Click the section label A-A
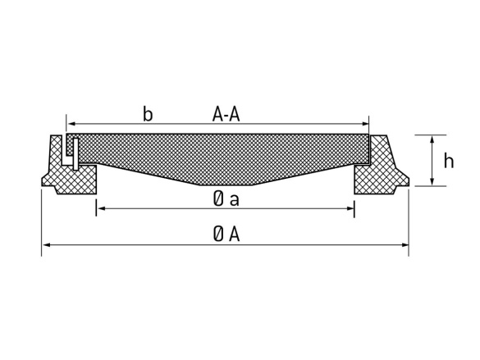tap(226, 115)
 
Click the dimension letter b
tap(148, 114)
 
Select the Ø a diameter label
tap(226, 199)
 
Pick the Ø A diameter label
tap(226, 235)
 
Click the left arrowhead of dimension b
tap(71, 124)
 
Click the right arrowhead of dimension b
tap(365, 124)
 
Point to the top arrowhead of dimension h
tap(432, 139)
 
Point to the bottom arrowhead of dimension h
tap(432, 182)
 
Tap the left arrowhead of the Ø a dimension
tap(101, 208)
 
